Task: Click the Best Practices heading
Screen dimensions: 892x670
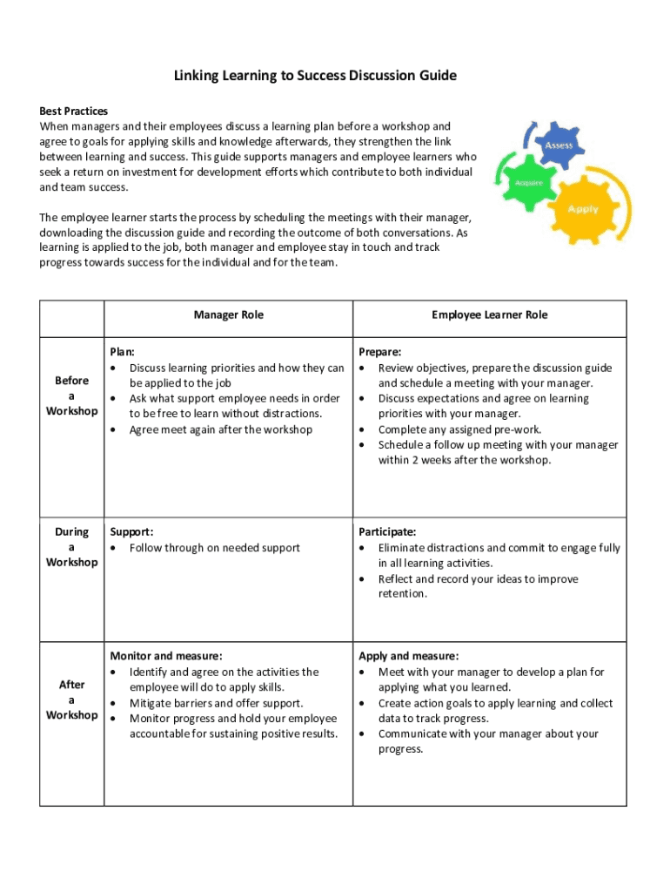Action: (x=74, y=111)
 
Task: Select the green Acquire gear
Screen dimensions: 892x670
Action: (x=530, y=184)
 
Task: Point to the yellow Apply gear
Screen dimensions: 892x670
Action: (x=582, y=209)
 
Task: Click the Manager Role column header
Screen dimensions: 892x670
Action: (x=228, y=314)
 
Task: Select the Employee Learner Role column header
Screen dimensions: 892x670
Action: (x=490, y=314)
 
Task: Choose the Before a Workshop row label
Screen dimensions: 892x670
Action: (x=71, y=395)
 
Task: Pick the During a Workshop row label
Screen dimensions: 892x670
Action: (x=71, y=547)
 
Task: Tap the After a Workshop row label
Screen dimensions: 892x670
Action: (x=71, y=699)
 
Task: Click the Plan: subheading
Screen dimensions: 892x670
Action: (x=122, y=352)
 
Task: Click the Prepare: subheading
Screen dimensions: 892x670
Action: (x=380, y=352)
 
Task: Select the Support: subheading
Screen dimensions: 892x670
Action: (x=131, y=531)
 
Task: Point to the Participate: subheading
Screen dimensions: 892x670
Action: (x=387, y=531)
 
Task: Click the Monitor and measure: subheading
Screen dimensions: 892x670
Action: (x=165, y=656)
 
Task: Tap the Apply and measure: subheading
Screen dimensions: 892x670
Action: (x=408, y=656)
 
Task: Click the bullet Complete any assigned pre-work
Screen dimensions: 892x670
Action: (x=459, y=429)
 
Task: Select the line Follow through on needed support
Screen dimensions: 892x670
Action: (x=214, y=548)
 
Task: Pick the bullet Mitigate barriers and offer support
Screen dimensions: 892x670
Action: (x=216, y=703)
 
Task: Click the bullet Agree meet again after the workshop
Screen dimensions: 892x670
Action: (x=220, y=429)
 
